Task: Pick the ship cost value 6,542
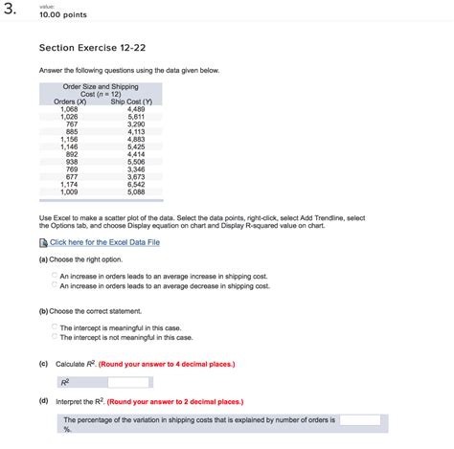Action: [x=136, y=184]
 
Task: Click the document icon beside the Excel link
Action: [x=43, y=243]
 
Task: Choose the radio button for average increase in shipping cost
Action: [x=54, y=275]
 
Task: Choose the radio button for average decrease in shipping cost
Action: [x=54, y=285]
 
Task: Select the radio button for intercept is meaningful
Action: [x=54, y=326]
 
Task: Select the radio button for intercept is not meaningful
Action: [x=54, y=337]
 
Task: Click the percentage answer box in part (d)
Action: [x=360, y=418]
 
